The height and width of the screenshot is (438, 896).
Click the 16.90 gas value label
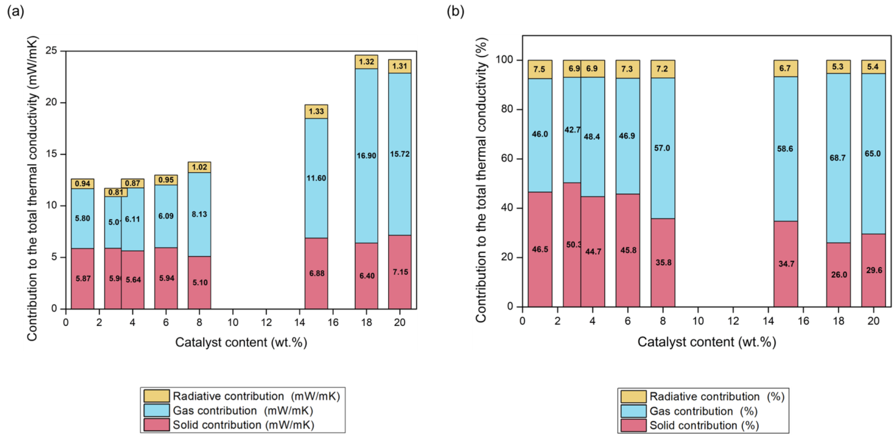click(366, 156)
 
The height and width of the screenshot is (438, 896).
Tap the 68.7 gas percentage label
click(838, 158)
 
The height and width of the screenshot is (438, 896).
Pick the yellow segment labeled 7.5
click(540, 69)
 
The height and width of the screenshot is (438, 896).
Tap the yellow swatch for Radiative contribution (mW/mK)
click(156, 396)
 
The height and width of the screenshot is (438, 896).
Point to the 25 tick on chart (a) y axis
click(51, 51)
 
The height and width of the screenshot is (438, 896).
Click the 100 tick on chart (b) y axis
click(504, 60)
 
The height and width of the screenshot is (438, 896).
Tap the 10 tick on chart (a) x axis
click(233, 323)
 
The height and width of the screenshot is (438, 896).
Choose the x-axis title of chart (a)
click(241, 342)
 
